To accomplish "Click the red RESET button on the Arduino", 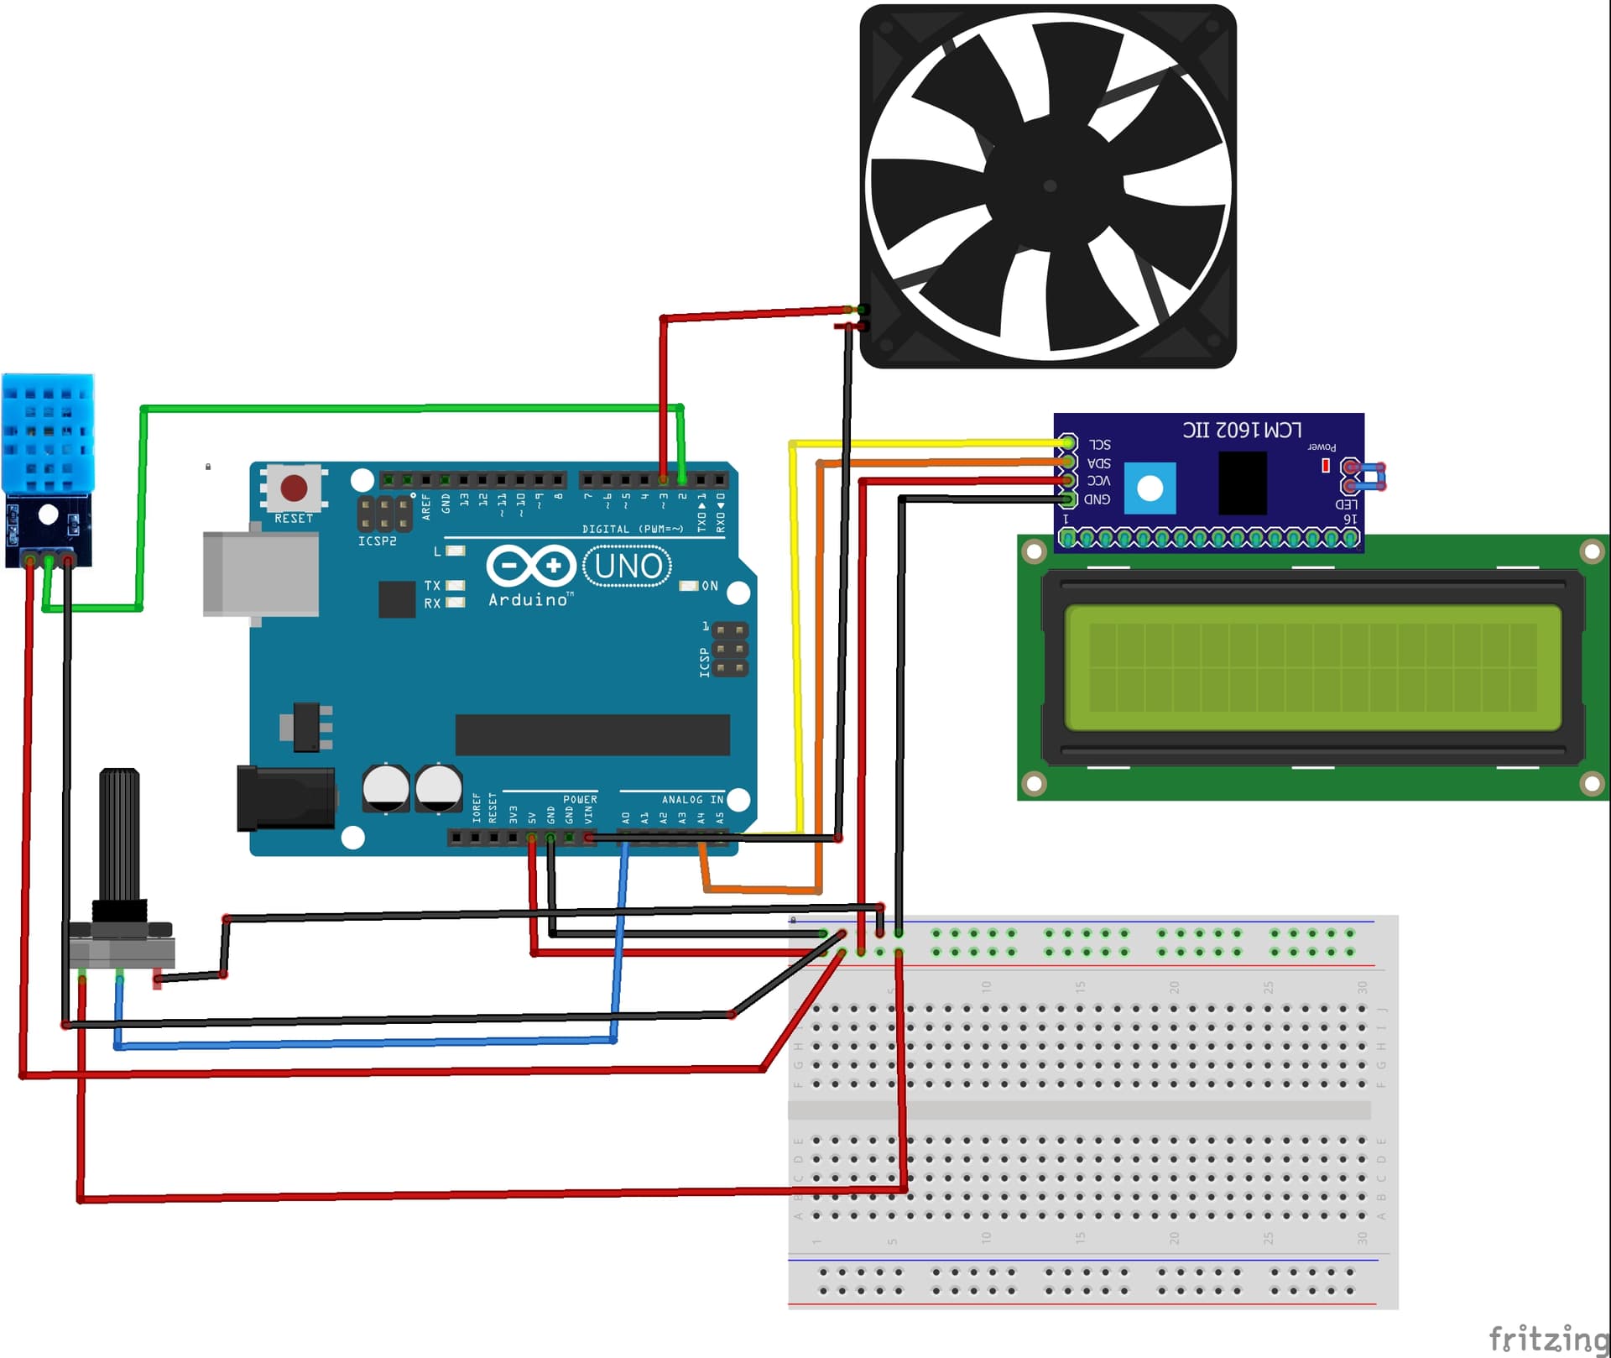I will (294, 488).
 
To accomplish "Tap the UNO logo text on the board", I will (628, 567).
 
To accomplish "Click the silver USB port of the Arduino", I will (260, 575).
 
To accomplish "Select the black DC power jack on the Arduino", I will (285, 798).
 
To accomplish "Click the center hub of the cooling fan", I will (1050, 185).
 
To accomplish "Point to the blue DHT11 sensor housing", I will (48, 434).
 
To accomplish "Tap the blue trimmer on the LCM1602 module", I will (1150, 488).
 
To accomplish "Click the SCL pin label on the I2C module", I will (1099, 444).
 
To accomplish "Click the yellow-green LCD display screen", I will (1312, 667).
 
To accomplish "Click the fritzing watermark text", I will (1548, 1338).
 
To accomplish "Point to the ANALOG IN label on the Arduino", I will (692, 799).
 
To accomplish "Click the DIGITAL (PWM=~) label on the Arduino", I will (633, 529).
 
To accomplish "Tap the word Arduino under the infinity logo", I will (529, 599).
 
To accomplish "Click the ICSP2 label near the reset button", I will (377, 541).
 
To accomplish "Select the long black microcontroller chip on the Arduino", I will (592, 734).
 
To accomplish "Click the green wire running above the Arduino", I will (411, 409).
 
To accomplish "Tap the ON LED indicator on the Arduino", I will (689, 585).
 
